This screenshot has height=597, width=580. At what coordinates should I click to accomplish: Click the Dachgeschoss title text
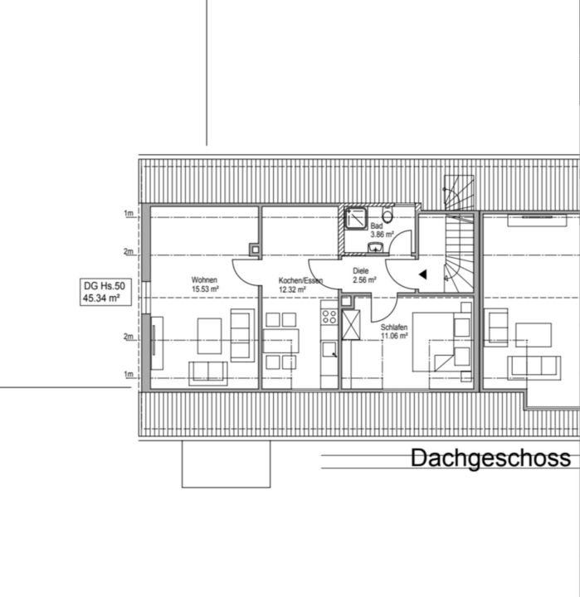pos(490,458)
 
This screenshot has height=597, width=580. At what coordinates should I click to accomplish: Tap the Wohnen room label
pos(204,280)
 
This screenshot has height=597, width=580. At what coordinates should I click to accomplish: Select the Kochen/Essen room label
pos(300,280)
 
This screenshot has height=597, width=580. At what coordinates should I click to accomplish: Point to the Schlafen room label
pos(394,328)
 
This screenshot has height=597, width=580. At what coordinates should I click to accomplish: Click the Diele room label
pos(360,271)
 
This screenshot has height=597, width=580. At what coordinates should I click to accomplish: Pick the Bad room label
pos(377,226)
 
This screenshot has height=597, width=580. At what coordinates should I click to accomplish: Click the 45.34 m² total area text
pos(101,298)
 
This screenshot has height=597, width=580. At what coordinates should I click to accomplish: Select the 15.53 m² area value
pos(205,289)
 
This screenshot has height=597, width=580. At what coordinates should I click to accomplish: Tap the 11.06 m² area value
pos(394,336)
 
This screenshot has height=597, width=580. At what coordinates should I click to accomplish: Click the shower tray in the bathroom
pos(356,219)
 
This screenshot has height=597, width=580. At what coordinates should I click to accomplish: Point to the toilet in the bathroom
pos(387,216)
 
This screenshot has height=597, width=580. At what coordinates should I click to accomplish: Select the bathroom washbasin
pos(376,248)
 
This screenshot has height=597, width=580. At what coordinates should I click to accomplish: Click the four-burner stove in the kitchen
pos(329,317)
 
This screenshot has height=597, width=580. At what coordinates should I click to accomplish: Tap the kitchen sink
pos(329,349)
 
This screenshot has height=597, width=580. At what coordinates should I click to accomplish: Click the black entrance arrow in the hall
pos(423,274)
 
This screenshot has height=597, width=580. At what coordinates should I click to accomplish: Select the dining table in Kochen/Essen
pos(280,341)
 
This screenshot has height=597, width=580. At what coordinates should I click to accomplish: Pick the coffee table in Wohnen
pos(209,336)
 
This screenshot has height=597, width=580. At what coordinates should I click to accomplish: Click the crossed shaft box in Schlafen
pos(351,325)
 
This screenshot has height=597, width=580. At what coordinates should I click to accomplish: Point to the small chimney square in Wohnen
pos(255,250)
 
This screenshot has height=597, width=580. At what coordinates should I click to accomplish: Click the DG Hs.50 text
pos(105,286)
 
